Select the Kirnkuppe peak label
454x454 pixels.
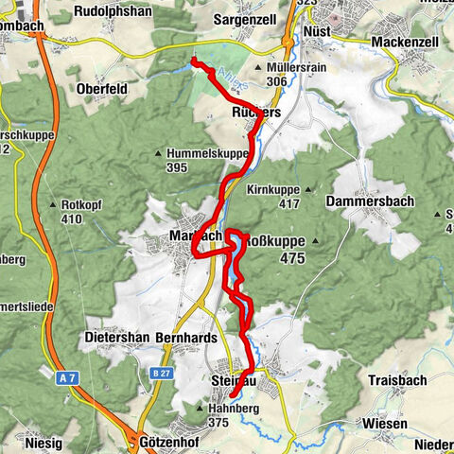pyautogui.click(x=272, y=190)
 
